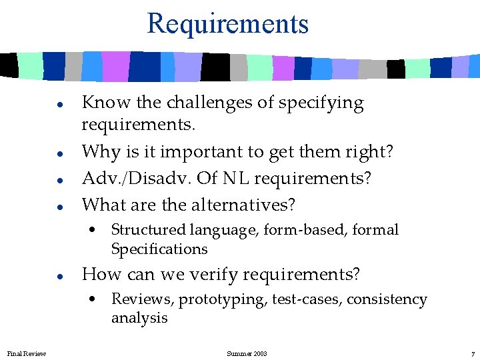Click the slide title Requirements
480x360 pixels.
pos(227,23)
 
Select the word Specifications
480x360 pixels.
pos(159,249)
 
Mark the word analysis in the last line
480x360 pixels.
pos(139,318)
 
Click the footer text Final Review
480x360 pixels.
pos(27,353)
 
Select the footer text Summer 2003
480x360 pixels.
pos(247,353)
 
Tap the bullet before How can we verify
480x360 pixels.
pos(60,275)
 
